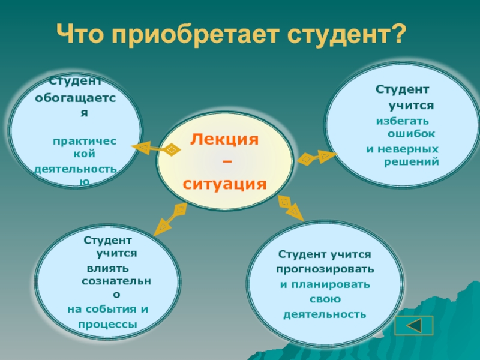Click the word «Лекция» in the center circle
pos(224,140)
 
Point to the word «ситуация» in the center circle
pos(224,183)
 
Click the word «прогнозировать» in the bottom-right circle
pos(325,269)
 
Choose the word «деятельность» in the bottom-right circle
pos(325,313)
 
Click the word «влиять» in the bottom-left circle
pos(107,267)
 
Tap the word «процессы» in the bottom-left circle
pos(107,325)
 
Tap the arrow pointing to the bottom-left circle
pos(170,218)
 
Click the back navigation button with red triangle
pos(414,326)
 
